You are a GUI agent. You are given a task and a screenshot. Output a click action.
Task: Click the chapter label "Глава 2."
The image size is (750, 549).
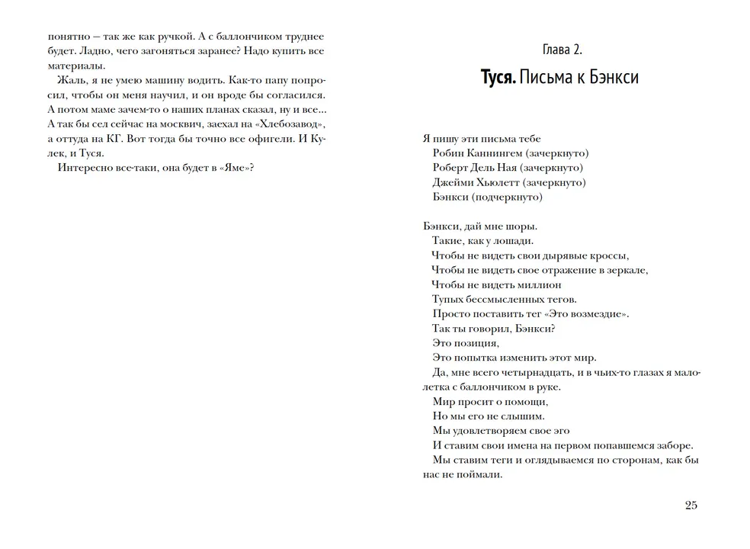559,50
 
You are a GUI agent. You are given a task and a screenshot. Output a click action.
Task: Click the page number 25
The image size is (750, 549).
691,505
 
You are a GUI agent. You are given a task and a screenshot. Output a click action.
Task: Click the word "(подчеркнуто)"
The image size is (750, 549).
507,197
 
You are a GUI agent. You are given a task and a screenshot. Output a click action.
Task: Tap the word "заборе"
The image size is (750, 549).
671,445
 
